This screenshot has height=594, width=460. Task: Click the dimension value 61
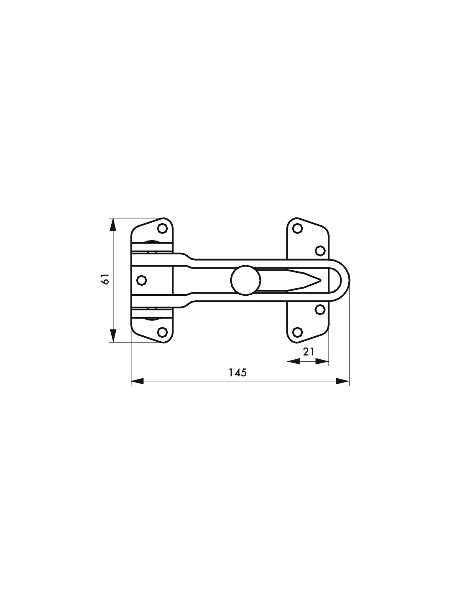(106, 279)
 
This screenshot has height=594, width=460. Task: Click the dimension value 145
(238, 372)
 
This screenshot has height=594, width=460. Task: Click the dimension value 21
(309, 352)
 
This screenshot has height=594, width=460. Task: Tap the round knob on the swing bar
(245, 280)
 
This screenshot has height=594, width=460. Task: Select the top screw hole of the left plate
(163, 228)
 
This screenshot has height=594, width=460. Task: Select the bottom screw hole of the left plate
(163, 332)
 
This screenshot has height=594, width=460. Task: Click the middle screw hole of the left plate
(141, 280)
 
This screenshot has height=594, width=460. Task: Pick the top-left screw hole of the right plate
(297, 228)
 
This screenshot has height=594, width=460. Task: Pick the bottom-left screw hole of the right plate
(297, 332)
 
